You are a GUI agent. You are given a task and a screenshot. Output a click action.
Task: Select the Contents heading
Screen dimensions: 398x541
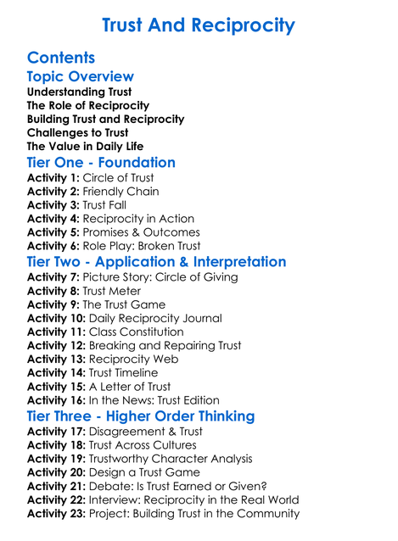(61, 58)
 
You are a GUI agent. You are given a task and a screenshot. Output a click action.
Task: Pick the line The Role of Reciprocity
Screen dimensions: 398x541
(88, 105)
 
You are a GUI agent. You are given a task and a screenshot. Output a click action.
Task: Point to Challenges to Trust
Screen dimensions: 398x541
(78, 133)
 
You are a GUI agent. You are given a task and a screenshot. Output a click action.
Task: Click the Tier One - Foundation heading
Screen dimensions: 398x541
(101, 162)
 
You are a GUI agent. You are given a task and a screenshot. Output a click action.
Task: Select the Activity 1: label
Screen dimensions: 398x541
(53, 178)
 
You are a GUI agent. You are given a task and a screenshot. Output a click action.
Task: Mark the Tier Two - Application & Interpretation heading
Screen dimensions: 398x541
(157, 262)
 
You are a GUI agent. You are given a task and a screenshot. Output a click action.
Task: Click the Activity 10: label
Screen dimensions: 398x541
(56, 319)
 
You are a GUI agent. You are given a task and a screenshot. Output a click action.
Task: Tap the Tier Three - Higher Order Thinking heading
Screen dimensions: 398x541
(141, 416)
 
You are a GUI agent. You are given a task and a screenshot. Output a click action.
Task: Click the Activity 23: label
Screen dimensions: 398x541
(56, 513)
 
